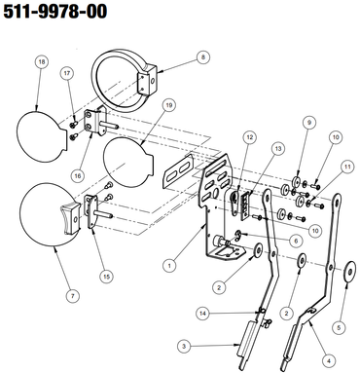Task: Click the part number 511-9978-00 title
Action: (55, 11)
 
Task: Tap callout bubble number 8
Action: (203, 57)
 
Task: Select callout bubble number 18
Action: (42, 62)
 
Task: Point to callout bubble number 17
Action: (67, 73)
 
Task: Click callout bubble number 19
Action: (168, 105)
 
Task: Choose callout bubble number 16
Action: (78, 175)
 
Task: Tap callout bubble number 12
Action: (249, 137)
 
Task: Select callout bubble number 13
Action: (278, 149)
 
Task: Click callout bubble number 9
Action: (309, 123)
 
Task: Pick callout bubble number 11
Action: (347, 167)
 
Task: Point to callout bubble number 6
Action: (296, 241)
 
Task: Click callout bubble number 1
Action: (169, 266)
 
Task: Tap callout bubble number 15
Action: (107, 277)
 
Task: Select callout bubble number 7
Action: (72, 296)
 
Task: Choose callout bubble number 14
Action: (203, 314)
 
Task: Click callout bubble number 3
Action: (184, 346)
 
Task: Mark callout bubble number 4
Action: (329, 360)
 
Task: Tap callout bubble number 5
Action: (339, 327)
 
